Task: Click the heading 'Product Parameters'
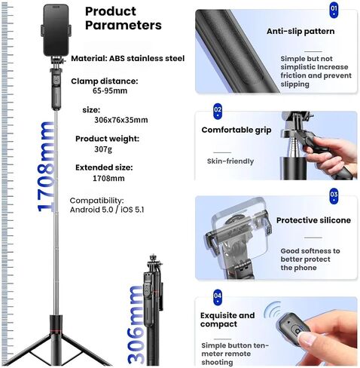tap(124, 18)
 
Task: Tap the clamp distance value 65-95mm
tap(110, 90)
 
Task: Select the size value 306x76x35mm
tap(121, 120)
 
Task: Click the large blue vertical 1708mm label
tap(46, 167)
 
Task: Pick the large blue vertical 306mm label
tap(136, 324)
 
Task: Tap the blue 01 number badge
tap(334, 11)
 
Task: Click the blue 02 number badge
tap(218, 112)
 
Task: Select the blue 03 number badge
tap(334, 196)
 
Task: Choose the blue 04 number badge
tap(218, 297)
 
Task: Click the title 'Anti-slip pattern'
tap(301, 31)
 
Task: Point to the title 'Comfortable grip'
tap(236, 130)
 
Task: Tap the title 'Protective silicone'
tap(313, 220)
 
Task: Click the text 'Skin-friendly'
tap(230, 161)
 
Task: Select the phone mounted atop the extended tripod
tap(56, 30)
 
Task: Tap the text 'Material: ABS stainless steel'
tap(128, 59)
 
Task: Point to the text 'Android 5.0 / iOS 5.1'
tap(107, 210)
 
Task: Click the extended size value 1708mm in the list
tap(108, 178)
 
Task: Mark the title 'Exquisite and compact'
tap(227, 320)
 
